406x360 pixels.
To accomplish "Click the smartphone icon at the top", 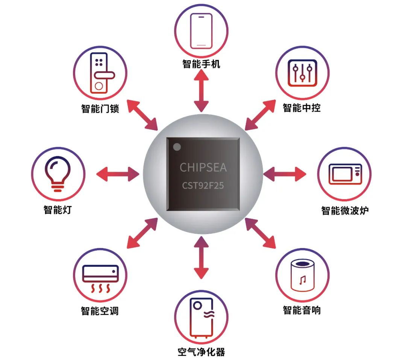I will [x=201, y=31].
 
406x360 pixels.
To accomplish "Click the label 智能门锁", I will [x=100, y=109].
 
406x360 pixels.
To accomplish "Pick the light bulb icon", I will [x=58, y=174].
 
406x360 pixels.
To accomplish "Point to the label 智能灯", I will [x=58, y=209].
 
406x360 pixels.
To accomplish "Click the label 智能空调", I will [x=100, y=311].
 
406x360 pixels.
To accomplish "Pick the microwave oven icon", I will [x=345, y=174].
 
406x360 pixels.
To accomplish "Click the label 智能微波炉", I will [x=345, y=210].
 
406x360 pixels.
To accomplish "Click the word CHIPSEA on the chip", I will [x=203, y=167].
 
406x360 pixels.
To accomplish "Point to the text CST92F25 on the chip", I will [x=203, y=186].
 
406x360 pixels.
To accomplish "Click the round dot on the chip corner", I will [x=177, y=147].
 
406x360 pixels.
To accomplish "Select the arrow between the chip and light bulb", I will [x=118, y=174].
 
